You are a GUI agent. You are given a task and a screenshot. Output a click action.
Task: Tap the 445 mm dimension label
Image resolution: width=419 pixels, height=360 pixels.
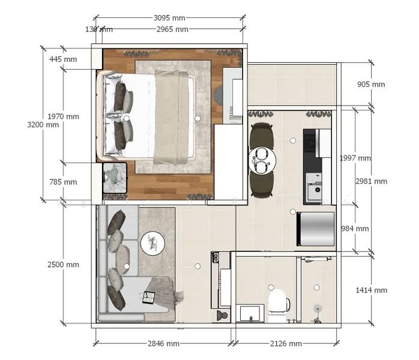(64, 59)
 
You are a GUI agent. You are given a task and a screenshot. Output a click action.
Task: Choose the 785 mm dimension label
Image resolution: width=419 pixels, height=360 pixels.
(64, 182)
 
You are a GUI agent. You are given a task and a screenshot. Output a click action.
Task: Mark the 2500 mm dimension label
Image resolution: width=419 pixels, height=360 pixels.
(64, 265)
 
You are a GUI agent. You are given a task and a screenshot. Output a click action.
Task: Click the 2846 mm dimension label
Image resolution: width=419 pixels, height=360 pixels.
(163, 344)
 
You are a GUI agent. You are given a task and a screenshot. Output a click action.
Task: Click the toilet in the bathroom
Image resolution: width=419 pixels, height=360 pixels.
(279, 302)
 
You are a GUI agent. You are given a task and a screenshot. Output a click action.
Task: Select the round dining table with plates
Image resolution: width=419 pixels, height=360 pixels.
(262, 160)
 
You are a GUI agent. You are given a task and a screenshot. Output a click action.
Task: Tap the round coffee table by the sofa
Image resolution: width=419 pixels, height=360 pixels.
(152, 243)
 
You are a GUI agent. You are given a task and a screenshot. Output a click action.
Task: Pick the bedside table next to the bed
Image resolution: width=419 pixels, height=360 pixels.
(114, 178)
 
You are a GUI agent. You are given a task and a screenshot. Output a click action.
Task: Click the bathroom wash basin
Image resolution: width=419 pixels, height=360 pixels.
(250, 313)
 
